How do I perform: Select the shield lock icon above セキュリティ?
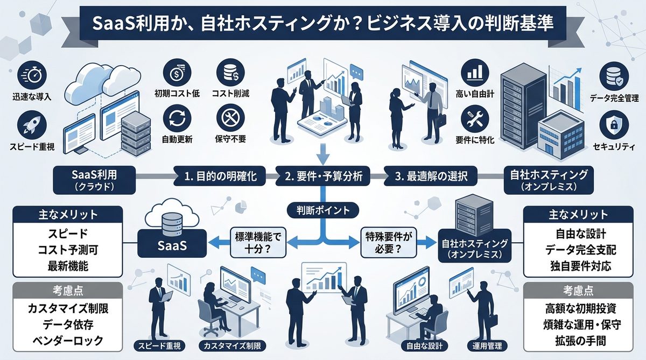[614, 124]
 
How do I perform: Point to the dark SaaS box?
[172, 245]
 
